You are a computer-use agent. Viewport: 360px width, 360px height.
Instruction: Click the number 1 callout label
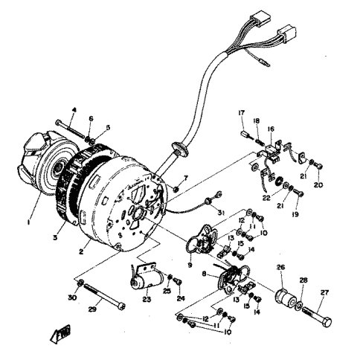pos(29,222)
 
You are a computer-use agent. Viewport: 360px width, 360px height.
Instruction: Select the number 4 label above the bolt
pos(74,111)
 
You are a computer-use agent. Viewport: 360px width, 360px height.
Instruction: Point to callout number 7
pos(187,179)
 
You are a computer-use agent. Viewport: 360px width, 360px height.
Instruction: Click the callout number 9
pos(191,264)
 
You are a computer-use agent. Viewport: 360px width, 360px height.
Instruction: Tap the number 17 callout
pos(240,113)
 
